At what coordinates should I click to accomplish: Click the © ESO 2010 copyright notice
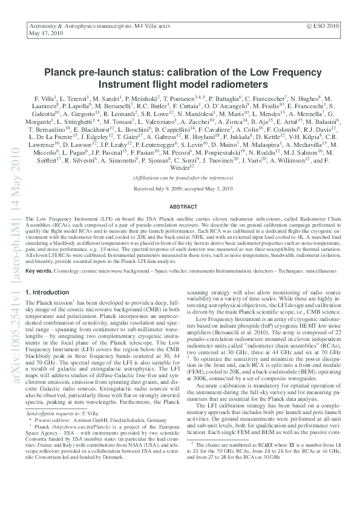pos(324,27)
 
